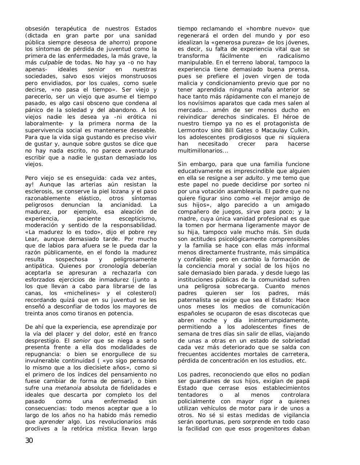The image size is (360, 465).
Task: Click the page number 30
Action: click(x=29, y=441)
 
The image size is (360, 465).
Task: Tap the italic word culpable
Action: click(x=51, y=62)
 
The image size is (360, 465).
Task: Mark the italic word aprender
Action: click(x=51, y=422)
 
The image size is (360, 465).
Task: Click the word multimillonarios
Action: click(x=200, y=151)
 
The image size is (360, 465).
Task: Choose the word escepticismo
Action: click(x=138, y=219)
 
